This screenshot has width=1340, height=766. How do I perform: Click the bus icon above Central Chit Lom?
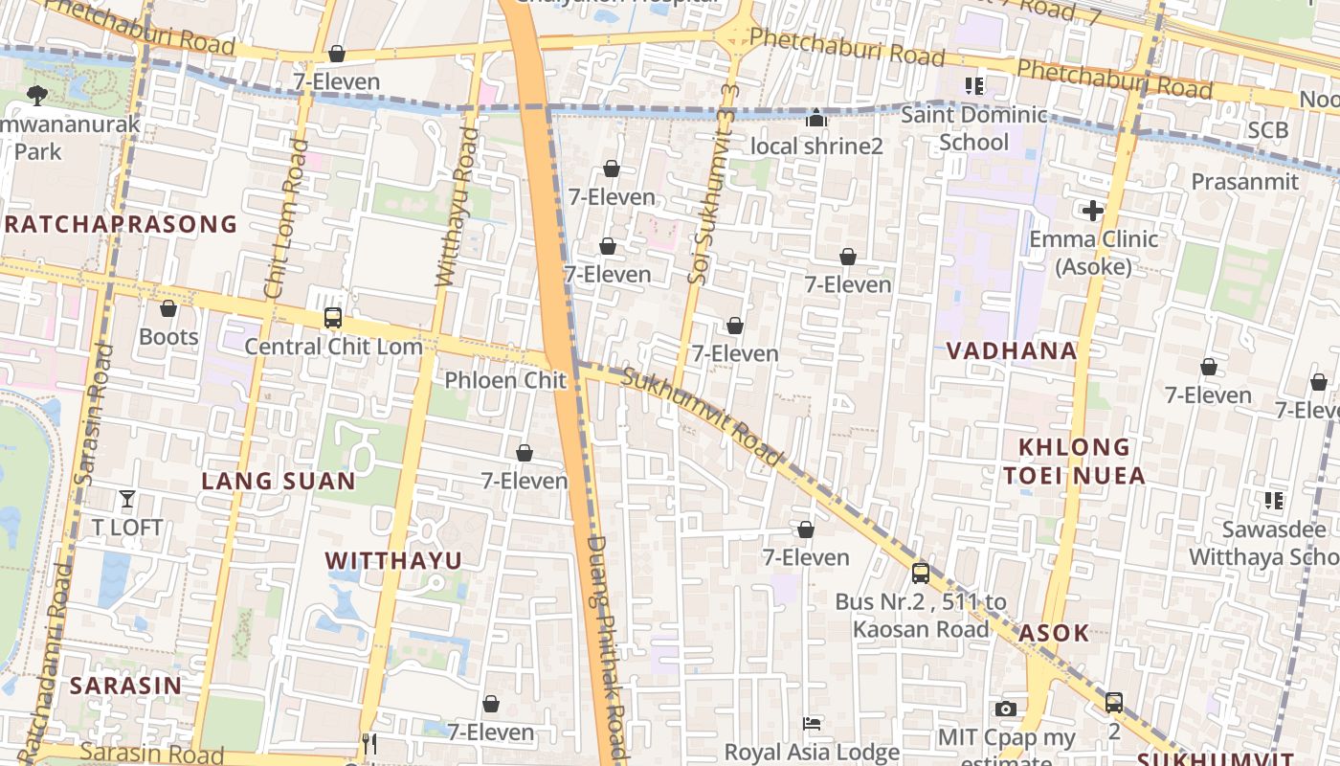point(333,318)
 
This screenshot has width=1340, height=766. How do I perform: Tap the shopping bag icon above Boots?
point(168,308)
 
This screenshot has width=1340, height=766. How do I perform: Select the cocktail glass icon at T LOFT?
point(126,498)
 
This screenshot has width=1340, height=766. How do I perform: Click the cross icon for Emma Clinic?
point(1093,211)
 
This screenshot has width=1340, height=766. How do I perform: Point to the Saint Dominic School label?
point(974,128)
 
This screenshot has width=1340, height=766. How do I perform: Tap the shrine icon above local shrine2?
point(816,118)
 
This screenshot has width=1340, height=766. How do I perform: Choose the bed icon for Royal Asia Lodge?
point(812,724)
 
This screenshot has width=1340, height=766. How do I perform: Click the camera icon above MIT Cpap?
point(1005,709)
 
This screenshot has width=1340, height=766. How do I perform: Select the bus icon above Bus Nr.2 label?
point(920,573)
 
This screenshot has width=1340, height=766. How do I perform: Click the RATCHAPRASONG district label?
point(120,224)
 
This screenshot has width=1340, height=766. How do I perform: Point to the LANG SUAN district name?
point(279,481)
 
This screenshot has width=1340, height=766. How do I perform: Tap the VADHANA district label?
point(1012,350)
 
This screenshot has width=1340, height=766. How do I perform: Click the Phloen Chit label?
point(505,380)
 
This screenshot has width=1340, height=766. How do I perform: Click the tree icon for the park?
point(36,95)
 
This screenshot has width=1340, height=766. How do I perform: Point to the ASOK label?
point(1054,633)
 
